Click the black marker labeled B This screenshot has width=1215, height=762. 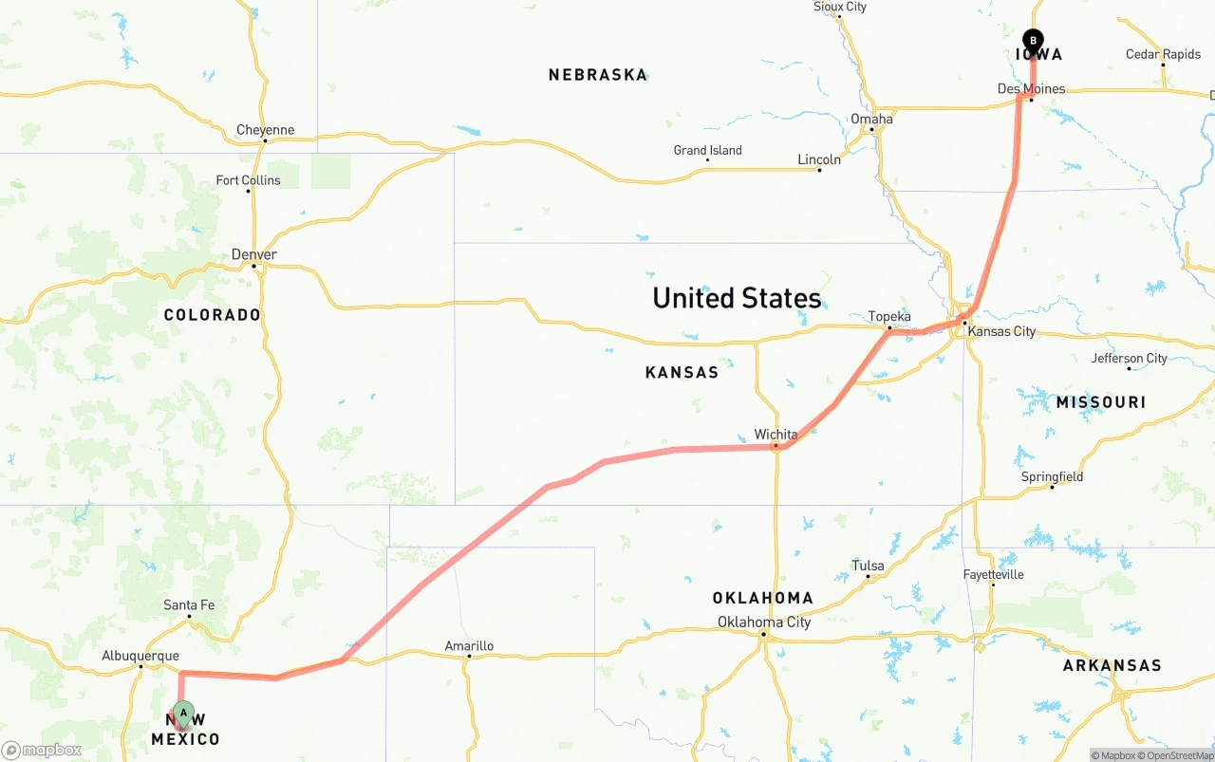pos(1033,41)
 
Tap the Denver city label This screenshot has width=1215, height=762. pos(254,254)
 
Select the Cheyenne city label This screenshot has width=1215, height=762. pos(265,130)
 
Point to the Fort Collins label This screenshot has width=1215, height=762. pos(248,180)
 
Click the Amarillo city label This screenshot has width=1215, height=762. pos(469,646)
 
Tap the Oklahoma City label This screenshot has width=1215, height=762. pos(764,623)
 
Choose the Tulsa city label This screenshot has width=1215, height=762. pos(868,566)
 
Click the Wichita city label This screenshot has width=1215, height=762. pos(776,435)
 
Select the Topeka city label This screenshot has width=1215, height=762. pos(889,317)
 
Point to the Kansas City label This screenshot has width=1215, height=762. pos(1001,331)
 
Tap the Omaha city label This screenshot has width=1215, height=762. pos(871,119)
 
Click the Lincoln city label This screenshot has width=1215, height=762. pos(819,159)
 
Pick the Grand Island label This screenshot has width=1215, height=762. pos(707,150)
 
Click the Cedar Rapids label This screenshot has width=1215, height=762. pos(1163,54)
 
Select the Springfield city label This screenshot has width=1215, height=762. pos(1052,476)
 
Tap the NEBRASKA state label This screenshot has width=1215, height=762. pos(598,75)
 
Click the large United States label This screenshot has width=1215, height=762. pos(737,298)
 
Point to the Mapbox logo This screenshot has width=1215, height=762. pos(42,750)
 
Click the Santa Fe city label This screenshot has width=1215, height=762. pos(189,604)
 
